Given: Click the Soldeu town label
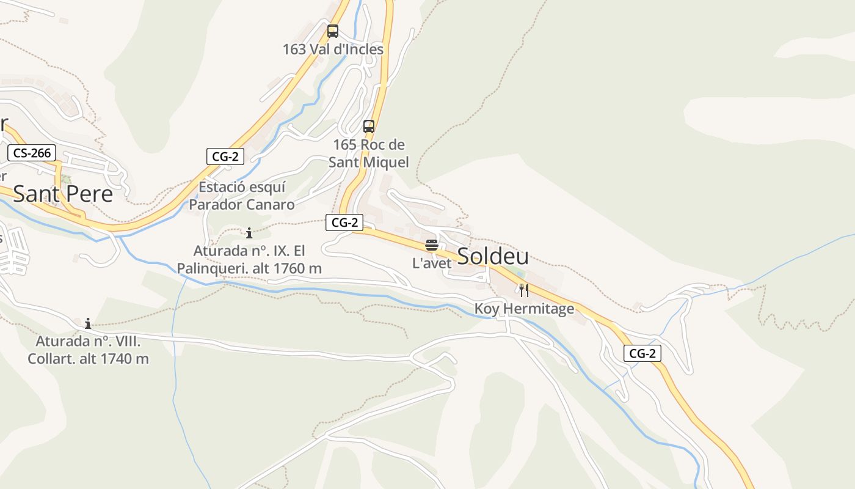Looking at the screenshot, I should tap(493, 257).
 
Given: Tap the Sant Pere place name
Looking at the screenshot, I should tap(63, 194).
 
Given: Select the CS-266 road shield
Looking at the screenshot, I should tap(32, 153).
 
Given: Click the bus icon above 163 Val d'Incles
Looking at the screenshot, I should tap(333, 31).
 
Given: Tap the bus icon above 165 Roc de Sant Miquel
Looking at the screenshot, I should tap(369, 127).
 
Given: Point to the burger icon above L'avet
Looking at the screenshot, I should tap(432, 245).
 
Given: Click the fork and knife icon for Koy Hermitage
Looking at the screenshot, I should tap(524, 290).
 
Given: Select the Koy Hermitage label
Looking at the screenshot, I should tap(525, 309).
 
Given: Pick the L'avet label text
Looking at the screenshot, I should tap(432, 263).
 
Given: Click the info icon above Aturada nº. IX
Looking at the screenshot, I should tap(249, 233).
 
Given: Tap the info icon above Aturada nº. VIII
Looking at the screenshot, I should tap(88, 323).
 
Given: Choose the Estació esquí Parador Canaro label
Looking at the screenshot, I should tap(242, 196).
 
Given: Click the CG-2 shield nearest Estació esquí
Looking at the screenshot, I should tap(225, 156).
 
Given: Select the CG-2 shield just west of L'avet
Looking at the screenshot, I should tap(344, 222).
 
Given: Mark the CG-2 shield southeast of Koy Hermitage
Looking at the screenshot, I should tap(642, 353).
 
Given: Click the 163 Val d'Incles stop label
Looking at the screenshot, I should tap(333, 50).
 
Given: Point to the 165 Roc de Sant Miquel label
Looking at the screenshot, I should tap(369, 153).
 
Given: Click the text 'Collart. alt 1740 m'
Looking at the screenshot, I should tap(88, 359).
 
